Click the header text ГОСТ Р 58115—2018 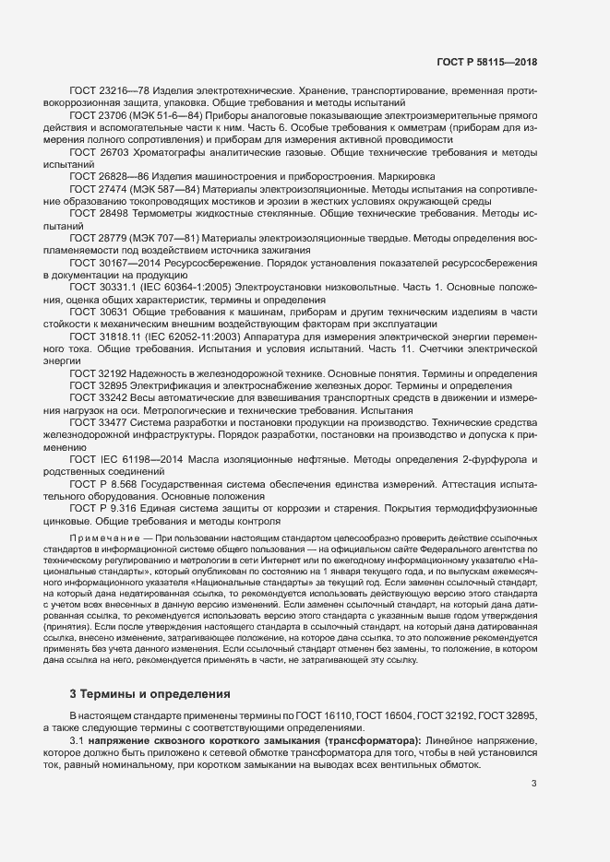tap(487, 62)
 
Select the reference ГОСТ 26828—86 tap(102, 175)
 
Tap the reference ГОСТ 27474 tap(97, 187)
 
